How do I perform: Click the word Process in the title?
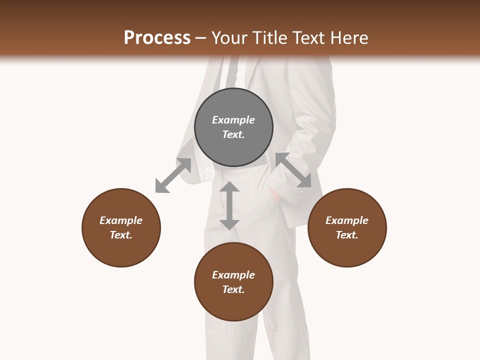click(x=157, y=38)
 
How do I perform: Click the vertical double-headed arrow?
click(x=229, y=205)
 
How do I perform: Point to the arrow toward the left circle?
click(x=173, y=175)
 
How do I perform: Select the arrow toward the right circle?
click(x=293, y=170)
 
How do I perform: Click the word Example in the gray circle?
click(x=233, y=120)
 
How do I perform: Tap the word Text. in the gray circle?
click(x=233, y=134)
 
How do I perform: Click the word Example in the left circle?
click(x=121, y=220)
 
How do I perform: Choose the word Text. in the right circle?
click(x=347, y=235)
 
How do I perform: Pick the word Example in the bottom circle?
click(x=233, y=275)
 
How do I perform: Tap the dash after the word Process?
click(x=200, y=38)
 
